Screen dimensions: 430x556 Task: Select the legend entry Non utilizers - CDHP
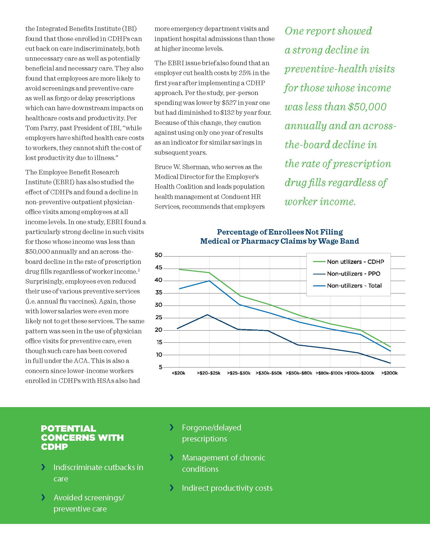click(x=349, y=262)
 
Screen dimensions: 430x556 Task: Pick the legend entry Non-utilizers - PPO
click(x=347, y=274)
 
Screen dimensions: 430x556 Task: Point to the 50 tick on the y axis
click(x=158, y=255)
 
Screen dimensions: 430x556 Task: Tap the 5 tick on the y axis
click(x=160, y=367)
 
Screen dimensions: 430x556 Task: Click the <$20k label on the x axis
click(x=179, y=373)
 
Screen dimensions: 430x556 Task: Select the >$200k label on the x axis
click(x=390, y=373)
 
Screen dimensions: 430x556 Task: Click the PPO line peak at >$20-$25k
click(x=208, y=315)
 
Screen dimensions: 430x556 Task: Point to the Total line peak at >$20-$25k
click(x=209, y=281)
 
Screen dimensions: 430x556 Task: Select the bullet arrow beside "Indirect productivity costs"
click(x=172, y=488)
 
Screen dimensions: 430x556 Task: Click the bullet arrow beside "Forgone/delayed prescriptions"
click(x=172, y=427)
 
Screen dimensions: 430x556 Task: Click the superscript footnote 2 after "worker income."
click(x=139, y=270)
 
